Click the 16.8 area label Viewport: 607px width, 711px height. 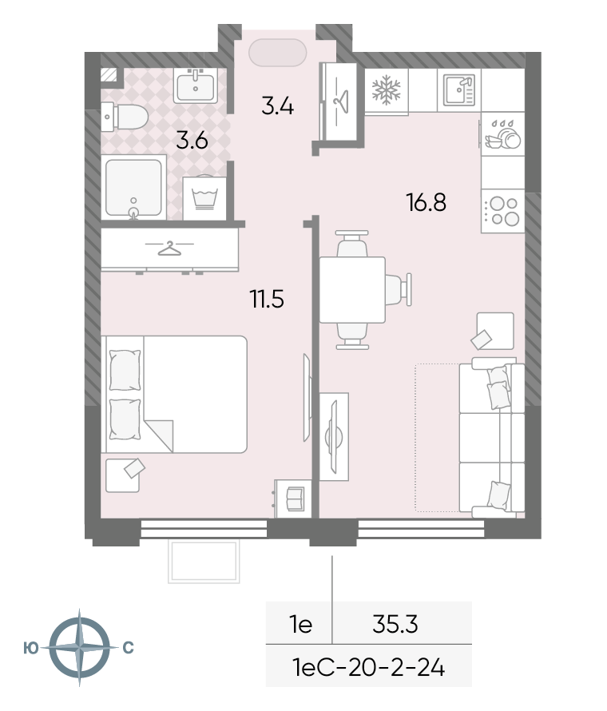click(426, 202)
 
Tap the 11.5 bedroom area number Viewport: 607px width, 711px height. click(267, 300)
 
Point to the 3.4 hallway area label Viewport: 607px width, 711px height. click(277, 105)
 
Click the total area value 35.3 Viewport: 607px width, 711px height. click(395, 624)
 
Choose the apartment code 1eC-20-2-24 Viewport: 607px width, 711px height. click(368, 668)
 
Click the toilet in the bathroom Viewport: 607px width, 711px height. click(125, 117)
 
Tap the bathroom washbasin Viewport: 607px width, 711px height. click(196, 85)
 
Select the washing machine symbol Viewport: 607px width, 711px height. click(204, 199)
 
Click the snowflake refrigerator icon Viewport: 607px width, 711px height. click(387, 89)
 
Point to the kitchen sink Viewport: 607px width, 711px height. click(458, 89)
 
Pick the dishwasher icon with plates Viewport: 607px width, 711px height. click(502, 135)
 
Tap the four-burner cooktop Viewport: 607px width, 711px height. click(503, 212)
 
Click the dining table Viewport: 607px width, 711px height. click(352, 290)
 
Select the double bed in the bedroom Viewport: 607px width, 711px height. click(174, 394)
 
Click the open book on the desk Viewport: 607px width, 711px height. click(296, 498)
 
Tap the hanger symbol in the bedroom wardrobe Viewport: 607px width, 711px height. click(169, 248)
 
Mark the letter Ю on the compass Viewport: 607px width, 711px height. click(31, 649)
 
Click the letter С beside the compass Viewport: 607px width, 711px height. click(129, 648)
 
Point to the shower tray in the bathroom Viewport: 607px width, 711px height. click(133, 188)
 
